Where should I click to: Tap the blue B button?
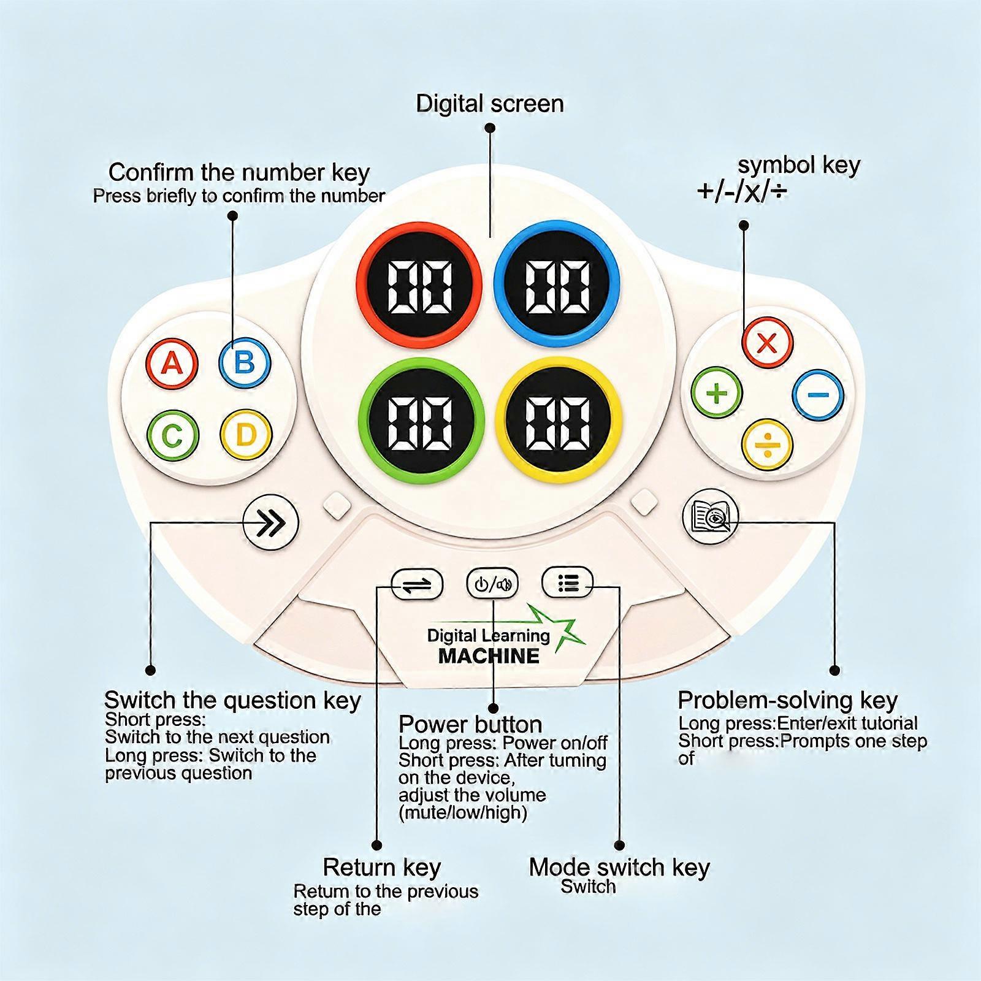click(x=245, y=362)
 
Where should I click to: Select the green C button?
click(x=173, y=435)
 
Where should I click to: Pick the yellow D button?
click(x=245, y=435)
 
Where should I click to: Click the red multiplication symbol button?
click(x=767, y=342)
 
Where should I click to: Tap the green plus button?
click(x=717, y=392)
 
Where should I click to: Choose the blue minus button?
click(x=818, y=395)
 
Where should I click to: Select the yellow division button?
click(x=767, y=445)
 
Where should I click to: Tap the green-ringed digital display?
click(x=422, y=421)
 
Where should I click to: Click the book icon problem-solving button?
click(x=711, y=516)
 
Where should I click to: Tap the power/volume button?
click(x=492, y=584)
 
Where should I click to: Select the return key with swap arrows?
click(x=418, y=584)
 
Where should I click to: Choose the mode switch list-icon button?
click(x=568, y=582)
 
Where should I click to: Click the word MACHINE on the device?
click(x=489, y=656)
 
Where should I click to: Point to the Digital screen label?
click(x=490, y=104)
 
